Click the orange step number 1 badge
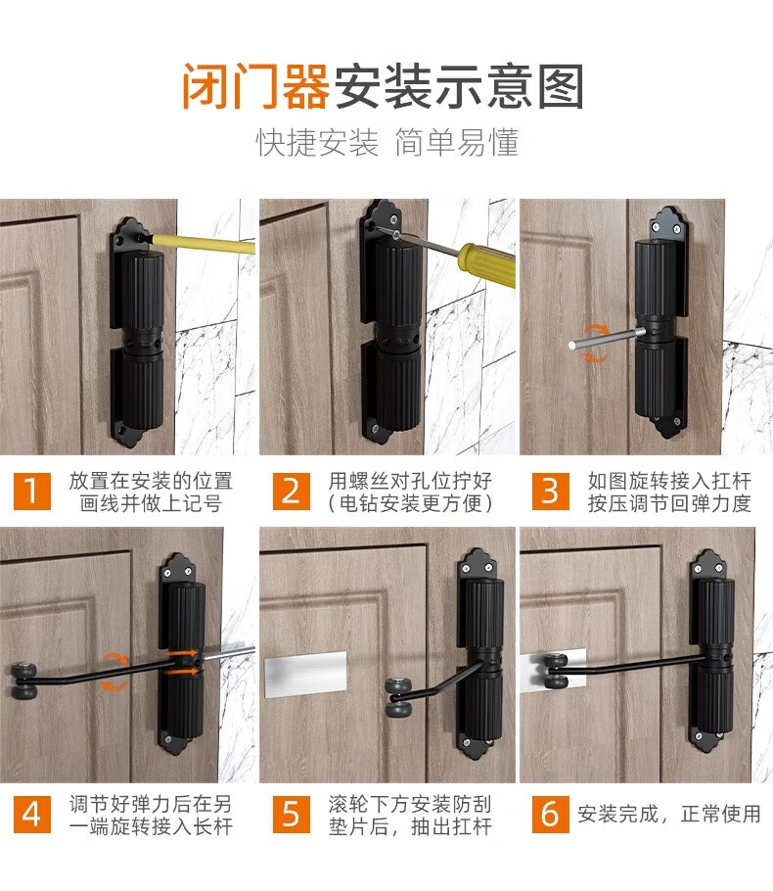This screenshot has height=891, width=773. (x=32, y=491)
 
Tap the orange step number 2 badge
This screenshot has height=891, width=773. (x=291, y=491)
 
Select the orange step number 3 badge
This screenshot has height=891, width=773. (x=550, y=491)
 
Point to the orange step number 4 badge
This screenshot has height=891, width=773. (x=32, y=814)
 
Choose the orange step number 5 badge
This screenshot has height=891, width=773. (x=291, y=814)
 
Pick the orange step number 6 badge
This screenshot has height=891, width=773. (x=550, y=814)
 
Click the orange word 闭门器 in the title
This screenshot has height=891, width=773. (x=255, y=86)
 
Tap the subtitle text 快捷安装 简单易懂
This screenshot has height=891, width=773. (x=386, y=142)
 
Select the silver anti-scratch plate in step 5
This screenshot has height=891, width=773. (x=305, y=673)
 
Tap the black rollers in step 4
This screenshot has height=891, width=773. (x=24, y=680)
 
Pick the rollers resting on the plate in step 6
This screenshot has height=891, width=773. (x=557, y=672)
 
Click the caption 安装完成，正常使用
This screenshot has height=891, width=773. (x=669, y=814)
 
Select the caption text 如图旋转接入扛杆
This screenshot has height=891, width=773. (x=669, y=481)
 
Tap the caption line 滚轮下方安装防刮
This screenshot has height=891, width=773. (x=410, y=804)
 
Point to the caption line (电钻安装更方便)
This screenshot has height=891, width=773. (x=410, y=503)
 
